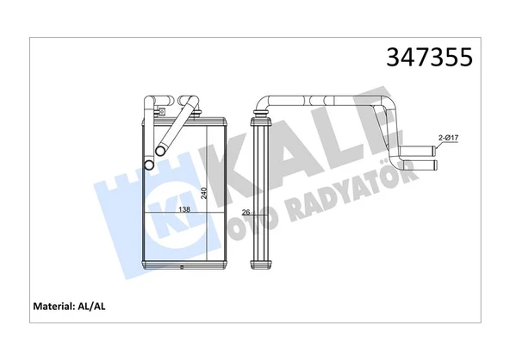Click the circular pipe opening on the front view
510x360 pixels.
148,164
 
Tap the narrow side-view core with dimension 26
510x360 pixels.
258,194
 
